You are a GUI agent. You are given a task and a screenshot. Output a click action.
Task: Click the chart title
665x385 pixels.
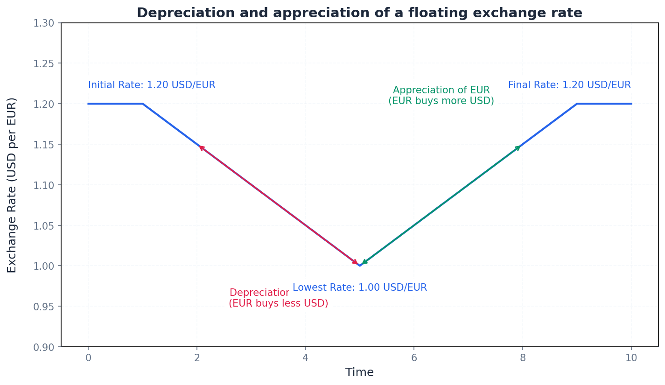(359, 13)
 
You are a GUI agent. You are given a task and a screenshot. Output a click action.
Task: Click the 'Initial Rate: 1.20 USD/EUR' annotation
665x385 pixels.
(152, 85)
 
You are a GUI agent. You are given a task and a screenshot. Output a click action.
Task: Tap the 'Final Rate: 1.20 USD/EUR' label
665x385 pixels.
(569, 85)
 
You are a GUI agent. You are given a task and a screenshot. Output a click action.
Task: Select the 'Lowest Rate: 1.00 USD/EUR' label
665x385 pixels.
(359, 288)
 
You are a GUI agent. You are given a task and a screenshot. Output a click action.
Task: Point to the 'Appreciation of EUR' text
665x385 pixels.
(441, 91)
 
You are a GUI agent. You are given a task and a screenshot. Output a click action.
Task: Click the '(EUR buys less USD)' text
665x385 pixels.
(278, 304)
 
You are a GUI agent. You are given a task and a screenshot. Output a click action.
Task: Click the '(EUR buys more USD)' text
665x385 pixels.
(441, 101)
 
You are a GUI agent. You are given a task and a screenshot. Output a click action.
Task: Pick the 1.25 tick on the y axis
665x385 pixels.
(44, 63)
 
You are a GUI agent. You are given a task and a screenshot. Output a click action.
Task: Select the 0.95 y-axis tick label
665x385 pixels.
(44, 307)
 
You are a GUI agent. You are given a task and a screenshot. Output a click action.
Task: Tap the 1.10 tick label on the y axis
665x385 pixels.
(44, 185)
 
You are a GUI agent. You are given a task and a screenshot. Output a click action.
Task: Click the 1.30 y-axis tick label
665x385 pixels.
(44, 23)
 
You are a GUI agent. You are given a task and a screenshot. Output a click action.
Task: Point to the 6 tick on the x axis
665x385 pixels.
(414, 358)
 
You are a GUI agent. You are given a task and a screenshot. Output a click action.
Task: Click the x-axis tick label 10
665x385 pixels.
(631, 358)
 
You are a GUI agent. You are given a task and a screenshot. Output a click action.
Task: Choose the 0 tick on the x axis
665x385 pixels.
(88, 358)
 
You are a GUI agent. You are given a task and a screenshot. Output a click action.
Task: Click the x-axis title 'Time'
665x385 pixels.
(359, 372)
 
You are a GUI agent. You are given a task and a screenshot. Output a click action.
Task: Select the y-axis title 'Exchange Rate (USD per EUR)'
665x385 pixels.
(12, 185)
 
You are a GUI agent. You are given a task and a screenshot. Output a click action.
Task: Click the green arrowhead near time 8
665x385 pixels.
(518, 148)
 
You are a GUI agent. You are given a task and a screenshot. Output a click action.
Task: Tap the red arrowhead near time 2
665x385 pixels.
(202, 148)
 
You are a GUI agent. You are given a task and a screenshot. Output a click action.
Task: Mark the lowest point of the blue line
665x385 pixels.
(359, 266)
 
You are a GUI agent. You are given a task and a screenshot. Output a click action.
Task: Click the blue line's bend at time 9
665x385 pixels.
(577, 104)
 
